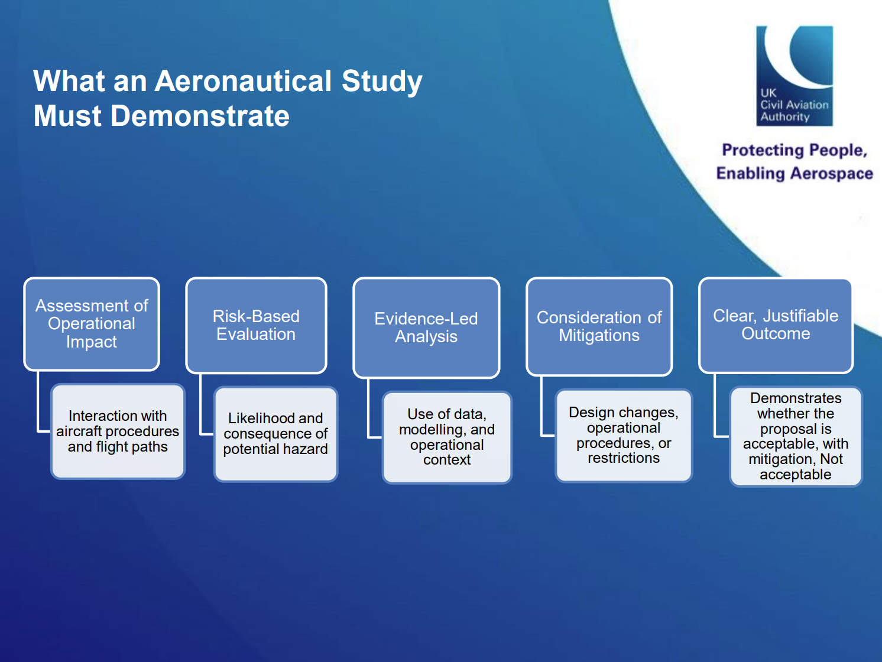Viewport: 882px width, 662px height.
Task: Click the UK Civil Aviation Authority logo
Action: (x=795, y=76)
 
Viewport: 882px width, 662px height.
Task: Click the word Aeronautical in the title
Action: (x=243, y=81)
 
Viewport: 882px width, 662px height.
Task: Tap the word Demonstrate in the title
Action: (x=200, y=116)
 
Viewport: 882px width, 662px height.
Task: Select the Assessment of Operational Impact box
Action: (x=92, y=324)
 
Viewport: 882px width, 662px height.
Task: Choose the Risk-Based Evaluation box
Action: (x=256, y=325)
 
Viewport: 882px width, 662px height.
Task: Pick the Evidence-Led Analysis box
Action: (x=426, y=327)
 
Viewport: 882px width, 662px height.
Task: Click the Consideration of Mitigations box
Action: (x=599, y=326)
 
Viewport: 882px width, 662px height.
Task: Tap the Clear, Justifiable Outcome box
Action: (x=776, y=325)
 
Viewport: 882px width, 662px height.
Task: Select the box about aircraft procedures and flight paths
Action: (x=118, y=431)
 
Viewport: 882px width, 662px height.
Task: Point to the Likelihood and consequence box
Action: (x=275, y=434)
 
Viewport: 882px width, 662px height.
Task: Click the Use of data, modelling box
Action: (x=447, y=437)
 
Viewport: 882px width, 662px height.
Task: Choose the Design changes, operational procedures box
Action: (x=624, y=436)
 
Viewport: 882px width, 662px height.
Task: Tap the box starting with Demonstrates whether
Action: (x=796, y=436)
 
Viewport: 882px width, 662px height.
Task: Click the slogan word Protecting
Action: (x=766, y=150)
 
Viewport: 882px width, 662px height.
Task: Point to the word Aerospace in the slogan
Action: (x=832, y=174)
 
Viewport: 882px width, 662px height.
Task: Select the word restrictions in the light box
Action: (x=624, y=458)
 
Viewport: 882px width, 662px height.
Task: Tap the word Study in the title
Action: (x=382, y=82)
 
